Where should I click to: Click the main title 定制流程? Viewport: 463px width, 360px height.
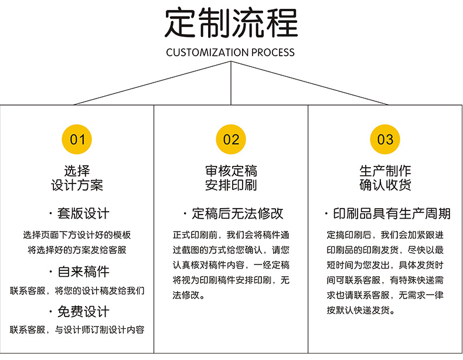pyautogui.click(x=231, y=23)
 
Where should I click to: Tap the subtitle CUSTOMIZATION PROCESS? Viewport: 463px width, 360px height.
pyautogui.click(x=230, y=53)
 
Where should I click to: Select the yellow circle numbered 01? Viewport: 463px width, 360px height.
pyautogui.click(x=77, y=140)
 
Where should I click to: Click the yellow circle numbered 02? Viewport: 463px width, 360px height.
pyautogui.click(x=231, y=140)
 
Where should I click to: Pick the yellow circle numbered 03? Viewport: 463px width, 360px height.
pyautogui.click(x=385, y=140)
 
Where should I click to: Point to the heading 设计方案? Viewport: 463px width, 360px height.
pyautogui.click(x=77, y=186)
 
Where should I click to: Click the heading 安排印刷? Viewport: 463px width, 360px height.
pyautogui.click(x=231, y=186)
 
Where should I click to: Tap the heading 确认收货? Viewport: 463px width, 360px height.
pyautogui.click(x=385, y=186)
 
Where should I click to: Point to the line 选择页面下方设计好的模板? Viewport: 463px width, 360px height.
pyautogui.click(x=77, y=235)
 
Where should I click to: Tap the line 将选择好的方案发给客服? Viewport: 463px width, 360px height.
pyautogui.click(x=77, y=249)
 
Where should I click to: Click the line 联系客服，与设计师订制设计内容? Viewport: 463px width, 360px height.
pyautogui.click(x=77, y=330)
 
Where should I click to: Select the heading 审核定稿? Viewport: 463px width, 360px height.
pyautogui.click(x=231, y=171)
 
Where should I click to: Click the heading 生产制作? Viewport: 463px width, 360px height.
pyautogui.click(x=385, y=171)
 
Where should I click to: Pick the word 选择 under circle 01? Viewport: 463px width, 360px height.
pyautogui.click(x=77, y=171)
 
